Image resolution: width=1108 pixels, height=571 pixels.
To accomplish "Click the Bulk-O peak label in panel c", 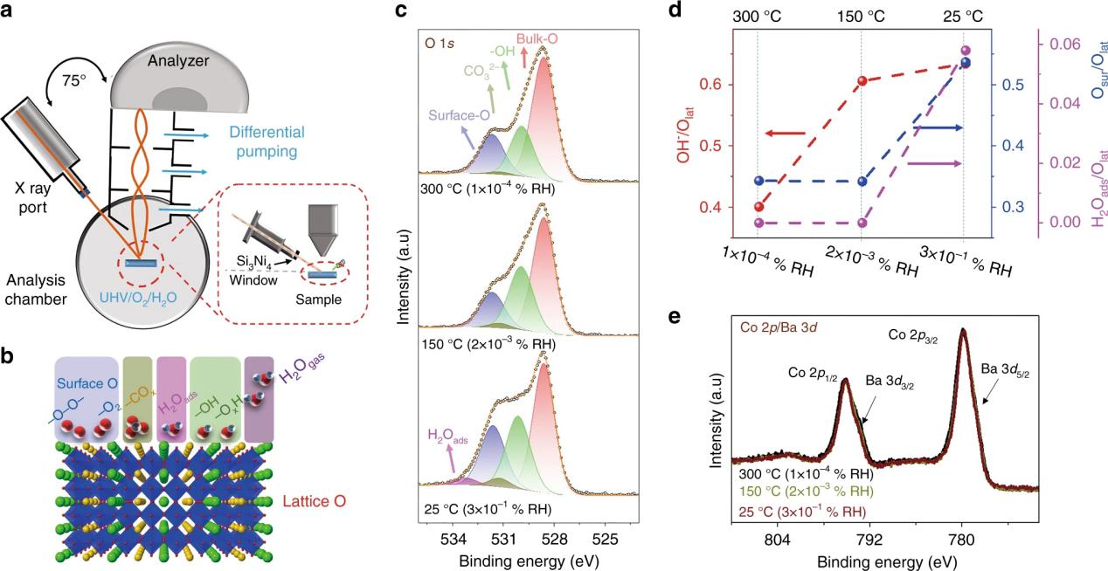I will click(x=537, y=40).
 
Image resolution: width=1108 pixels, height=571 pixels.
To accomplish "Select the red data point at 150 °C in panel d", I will click(x=862, y=80).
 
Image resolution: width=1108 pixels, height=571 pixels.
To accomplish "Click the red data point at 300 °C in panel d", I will click(x=758, y=207).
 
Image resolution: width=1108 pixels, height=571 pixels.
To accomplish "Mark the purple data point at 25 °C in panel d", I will click(x=965, y=52).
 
